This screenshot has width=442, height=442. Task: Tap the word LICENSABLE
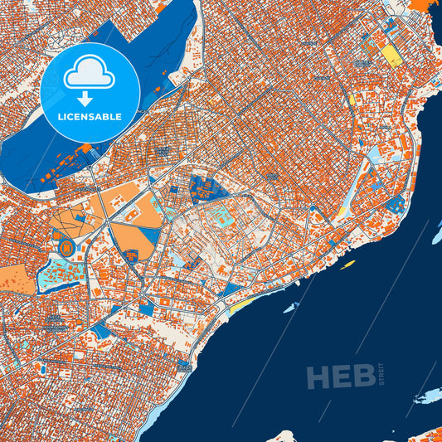tap(90, 117)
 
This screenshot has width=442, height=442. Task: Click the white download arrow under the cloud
tap(90, 97)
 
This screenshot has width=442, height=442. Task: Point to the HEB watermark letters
tap(340, 377)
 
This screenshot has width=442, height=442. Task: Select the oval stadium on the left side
tap(66, 246)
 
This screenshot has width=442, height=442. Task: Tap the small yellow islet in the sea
tap(347, 265)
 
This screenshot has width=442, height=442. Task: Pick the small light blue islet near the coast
tap(290, 307)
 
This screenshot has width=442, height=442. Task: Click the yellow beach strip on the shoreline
tap(239, 308)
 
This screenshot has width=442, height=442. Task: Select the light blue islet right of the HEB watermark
tap(429, 396)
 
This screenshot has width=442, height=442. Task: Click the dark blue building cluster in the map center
tap(206, 189)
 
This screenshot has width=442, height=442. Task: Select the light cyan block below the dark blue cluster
tap(221, 218)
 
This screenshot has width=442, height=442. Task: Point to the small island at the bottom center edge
tap(286, 436)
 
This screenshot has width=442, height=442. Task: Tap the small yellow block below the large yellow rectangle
tap(352, 99)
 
